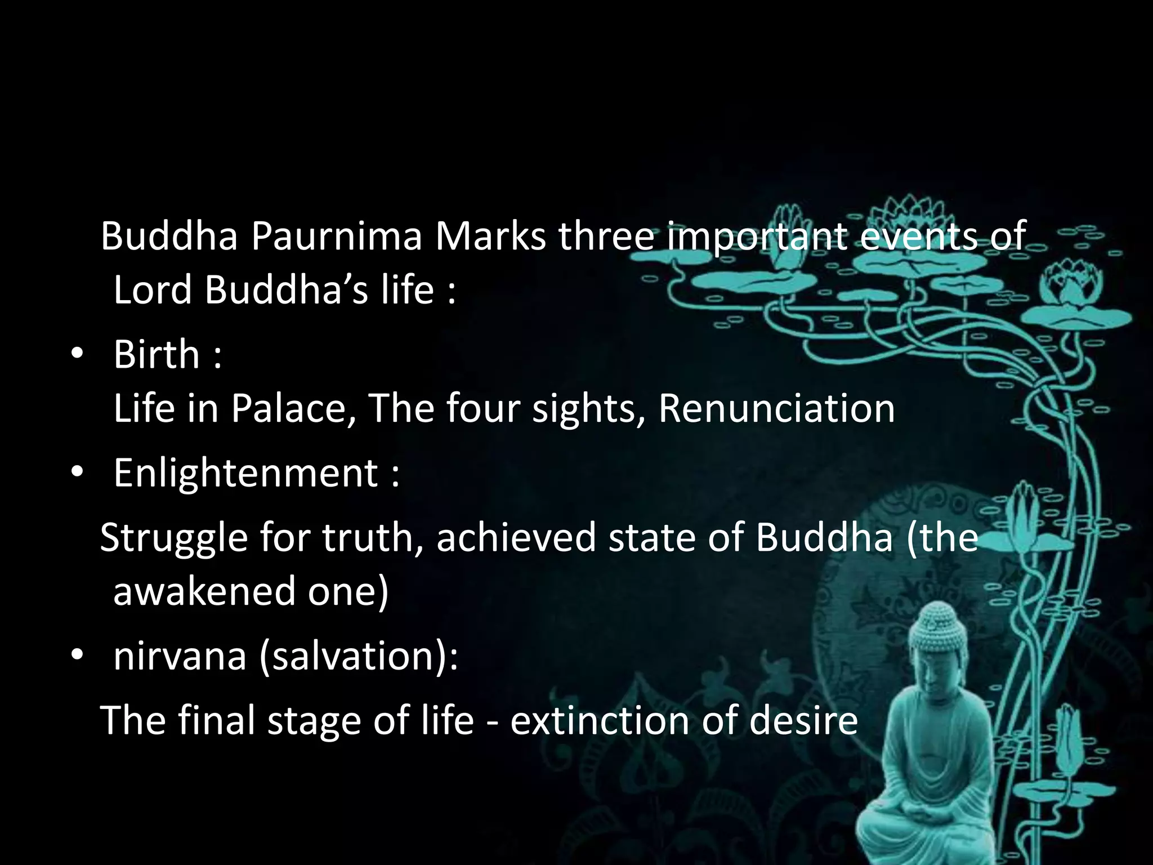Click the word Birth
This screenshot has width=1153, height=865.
pyautogui.click(x=157, y=355)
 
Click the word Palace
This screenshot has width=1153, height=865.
pyautogui.click(x=293, y=408)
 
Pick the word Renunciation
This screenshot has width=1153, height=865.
pyautogui.click(x=776, y=408)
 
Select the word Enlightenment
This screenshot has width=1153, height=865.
pyautogui.click(x=246, y=473)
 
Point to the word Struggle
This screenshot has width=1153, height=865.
pyautogui.click(x=174, y=538)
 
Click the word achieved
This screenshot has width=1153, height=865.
pyautogui.click(x=516, y=538)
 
